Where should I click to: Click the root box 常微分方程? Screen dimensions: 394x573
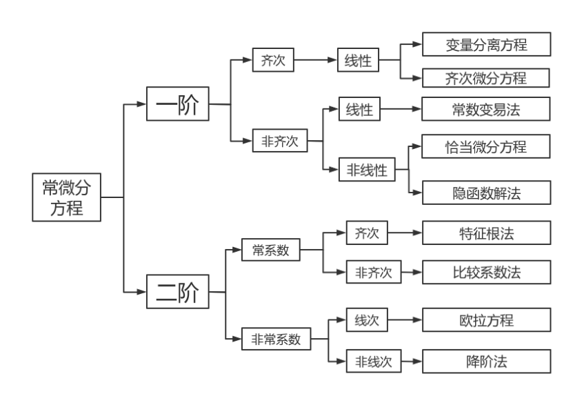click(x=66, y=197)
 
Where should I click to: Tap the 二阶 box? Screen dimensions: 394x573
click(x=177, y=293)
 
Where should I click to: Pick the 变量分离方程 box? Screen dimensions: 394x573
click(x=486, y=45)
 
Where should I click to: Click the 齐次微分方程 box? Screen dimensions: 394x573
click(x=486, y=78)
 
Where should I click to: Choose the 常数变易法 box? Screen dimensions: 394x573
click(x=486, y=109)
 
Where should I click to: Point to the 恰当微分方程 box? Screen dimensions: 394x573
click(x=486, y=146)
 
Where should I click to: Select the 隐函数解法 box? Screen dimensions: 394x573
click(x=486, y=193)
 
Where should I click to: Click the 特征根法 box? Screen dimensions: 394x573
click(x=486, y=233)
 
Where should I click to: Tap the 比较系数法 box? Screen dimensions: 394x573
click(x=486, y=272)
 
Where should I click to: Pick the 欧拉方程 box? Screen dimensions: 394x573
click(x=486, y=320)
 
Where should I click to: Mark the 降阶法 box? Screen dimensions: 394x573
click(x=486, y=361)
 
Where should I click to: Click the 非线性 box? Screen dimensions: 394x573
click(x=367, y=169)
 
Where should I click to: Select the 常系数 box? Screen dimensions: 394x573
click(x=270, y=250)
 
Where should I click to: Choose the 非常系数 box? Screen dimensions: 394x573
click(x=276, y=339)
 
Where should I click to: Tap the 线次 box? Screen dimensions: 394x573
click(x=367, y=320)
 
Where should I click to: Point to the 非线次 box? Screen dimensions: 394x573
click(x=374, y=361)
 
